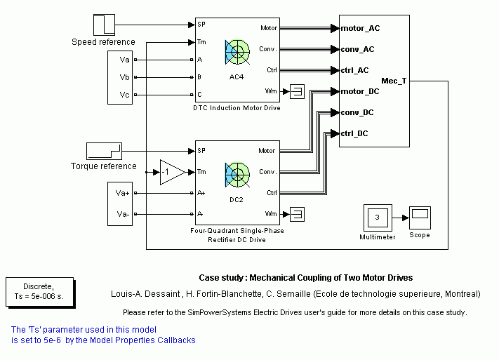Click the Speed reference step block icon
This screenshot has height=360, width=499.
(x=103, y=24)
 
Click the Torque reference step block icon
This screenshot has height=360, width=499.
(x=104, y=150)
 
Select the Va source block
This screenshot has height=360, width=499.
(x=124, y=60)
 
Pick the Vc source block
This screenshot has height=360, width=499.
(x=124, y=95)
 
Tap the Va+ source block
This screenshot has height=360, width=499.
(x=124, y=193)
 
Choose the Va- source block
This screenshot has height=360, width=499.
(x=124, y=214)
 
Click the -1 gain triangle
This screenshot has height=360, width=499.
(x=171, y=172)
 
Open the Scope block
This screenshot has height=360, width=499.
(x=419, y=218)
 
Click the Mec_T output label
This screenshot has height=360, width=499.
(x=393, y=81)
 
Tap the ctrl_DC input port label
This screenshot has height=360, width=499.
(x=359, y=133)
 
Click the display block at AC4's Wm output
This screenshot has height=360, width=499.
(x=297, y=91)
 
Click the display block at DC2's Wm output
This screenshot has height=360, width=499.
(x=297, y=213)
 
